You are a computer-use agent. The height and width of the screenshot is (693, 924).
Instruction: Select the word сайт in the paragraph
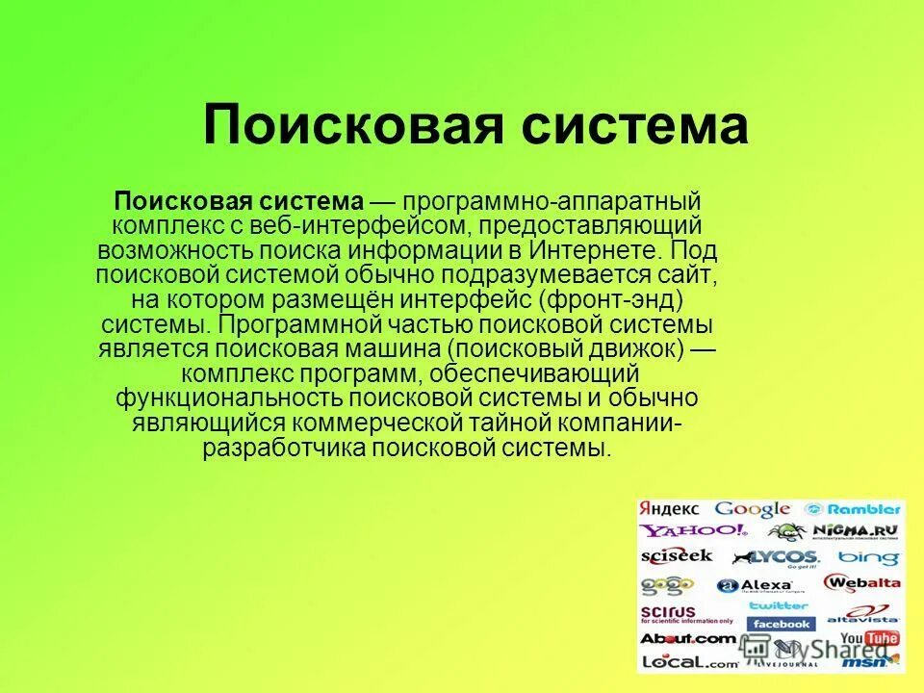pos(688,275)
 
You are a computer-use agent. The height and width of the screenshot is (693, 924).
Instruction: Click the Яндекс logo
pos(671,509)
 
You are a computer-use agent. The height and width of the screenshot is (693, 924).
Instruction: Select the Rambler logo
pos(853,509)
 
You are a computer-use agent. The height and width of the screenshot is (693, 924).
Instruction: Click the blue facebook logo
pos(781,624)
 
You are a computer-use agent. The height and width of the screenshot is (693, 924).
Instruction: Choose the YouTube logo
pos(868,638)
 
